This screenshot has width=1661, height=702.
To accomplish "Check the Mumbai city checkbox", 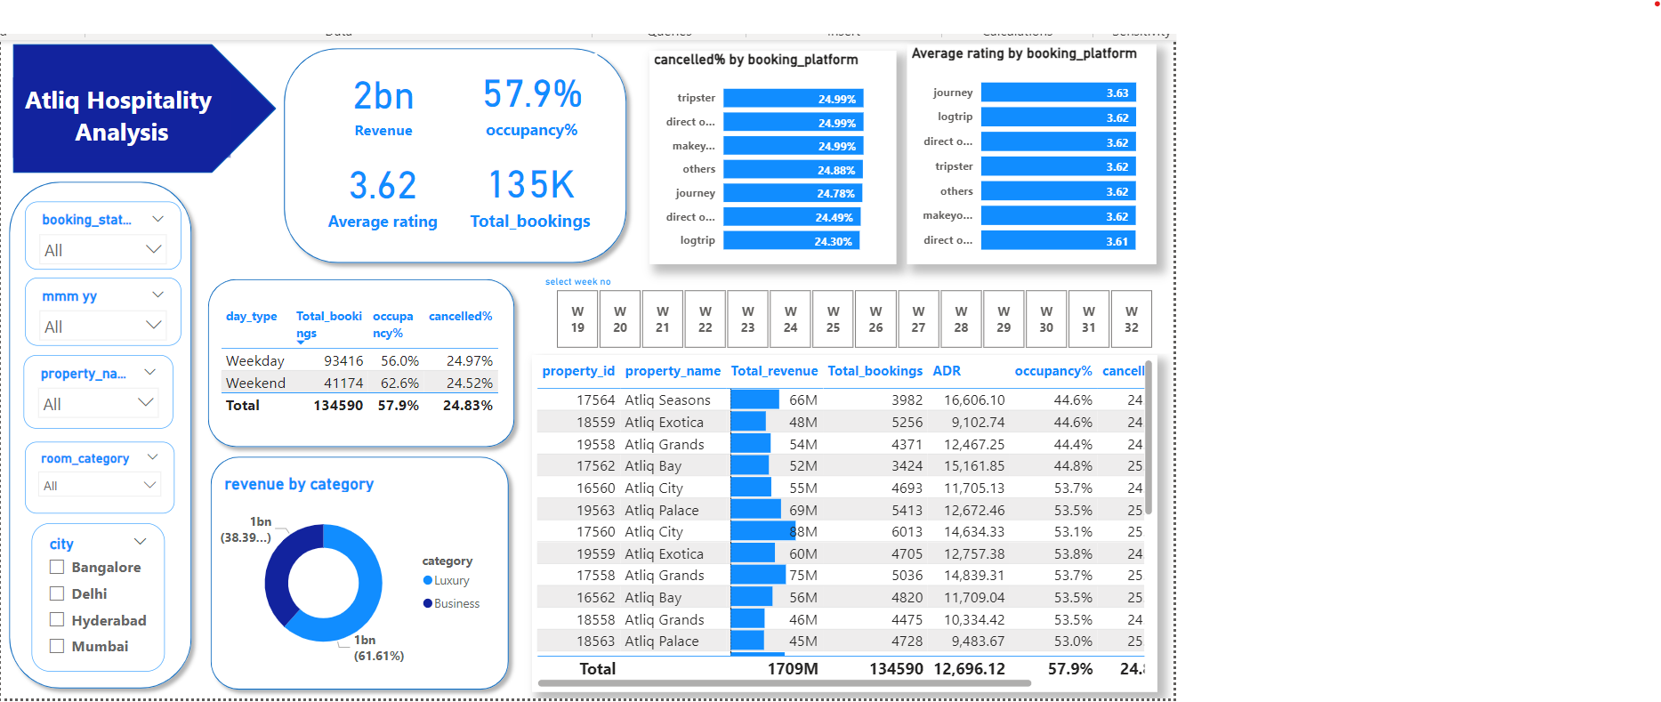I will [x=57, y=646].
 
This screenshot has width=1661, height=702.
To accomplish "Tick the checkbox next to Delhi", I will [x=57, y=593].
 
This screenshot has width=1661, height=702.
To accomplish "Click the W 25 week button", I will [x=833, y=319].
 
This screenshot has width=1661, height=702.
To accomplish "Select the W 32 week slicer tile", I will [x=1131, y=319].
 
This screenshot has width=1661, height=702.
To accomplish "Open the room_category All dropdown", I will [x=100, y=485].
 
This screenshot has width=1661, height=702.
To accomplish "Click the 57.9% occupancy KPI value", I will [x=532, y=94].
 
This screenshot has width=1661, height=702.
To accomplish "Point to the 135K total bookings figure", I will [x=531, y=185].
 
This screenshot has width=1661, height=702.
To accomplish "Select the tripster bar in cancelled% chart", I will [x=792, y=99].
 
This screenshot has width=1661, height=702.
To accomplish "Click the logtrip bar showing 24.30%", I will [x=790, y=241].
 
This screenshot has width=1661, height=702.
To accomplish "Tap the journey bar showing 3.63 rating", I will [x=1057, y=93].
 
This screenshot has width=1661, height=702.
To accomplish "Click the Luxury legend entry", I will [x=450, y=580].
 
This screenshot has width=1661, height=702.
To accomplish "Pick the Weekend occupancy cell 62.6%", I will [x=399, y=383].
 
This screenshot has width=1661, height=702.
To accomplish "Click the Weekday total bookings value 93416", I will [x=343, y=360].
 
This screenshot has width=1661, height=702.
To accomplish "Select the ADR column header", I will [x=947, y=371].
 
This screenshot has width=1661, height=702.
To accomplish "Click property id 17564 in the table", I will [x=595, y=400].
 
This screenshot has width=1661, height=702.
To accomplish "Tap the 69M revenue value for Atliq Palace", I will [x=802, y=510].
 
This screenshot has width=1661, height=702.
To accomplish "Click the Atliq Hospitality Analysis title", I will [x=119, y=116].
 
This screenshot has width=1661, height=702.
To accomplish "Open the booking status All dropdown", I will [x=103, y=250].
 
